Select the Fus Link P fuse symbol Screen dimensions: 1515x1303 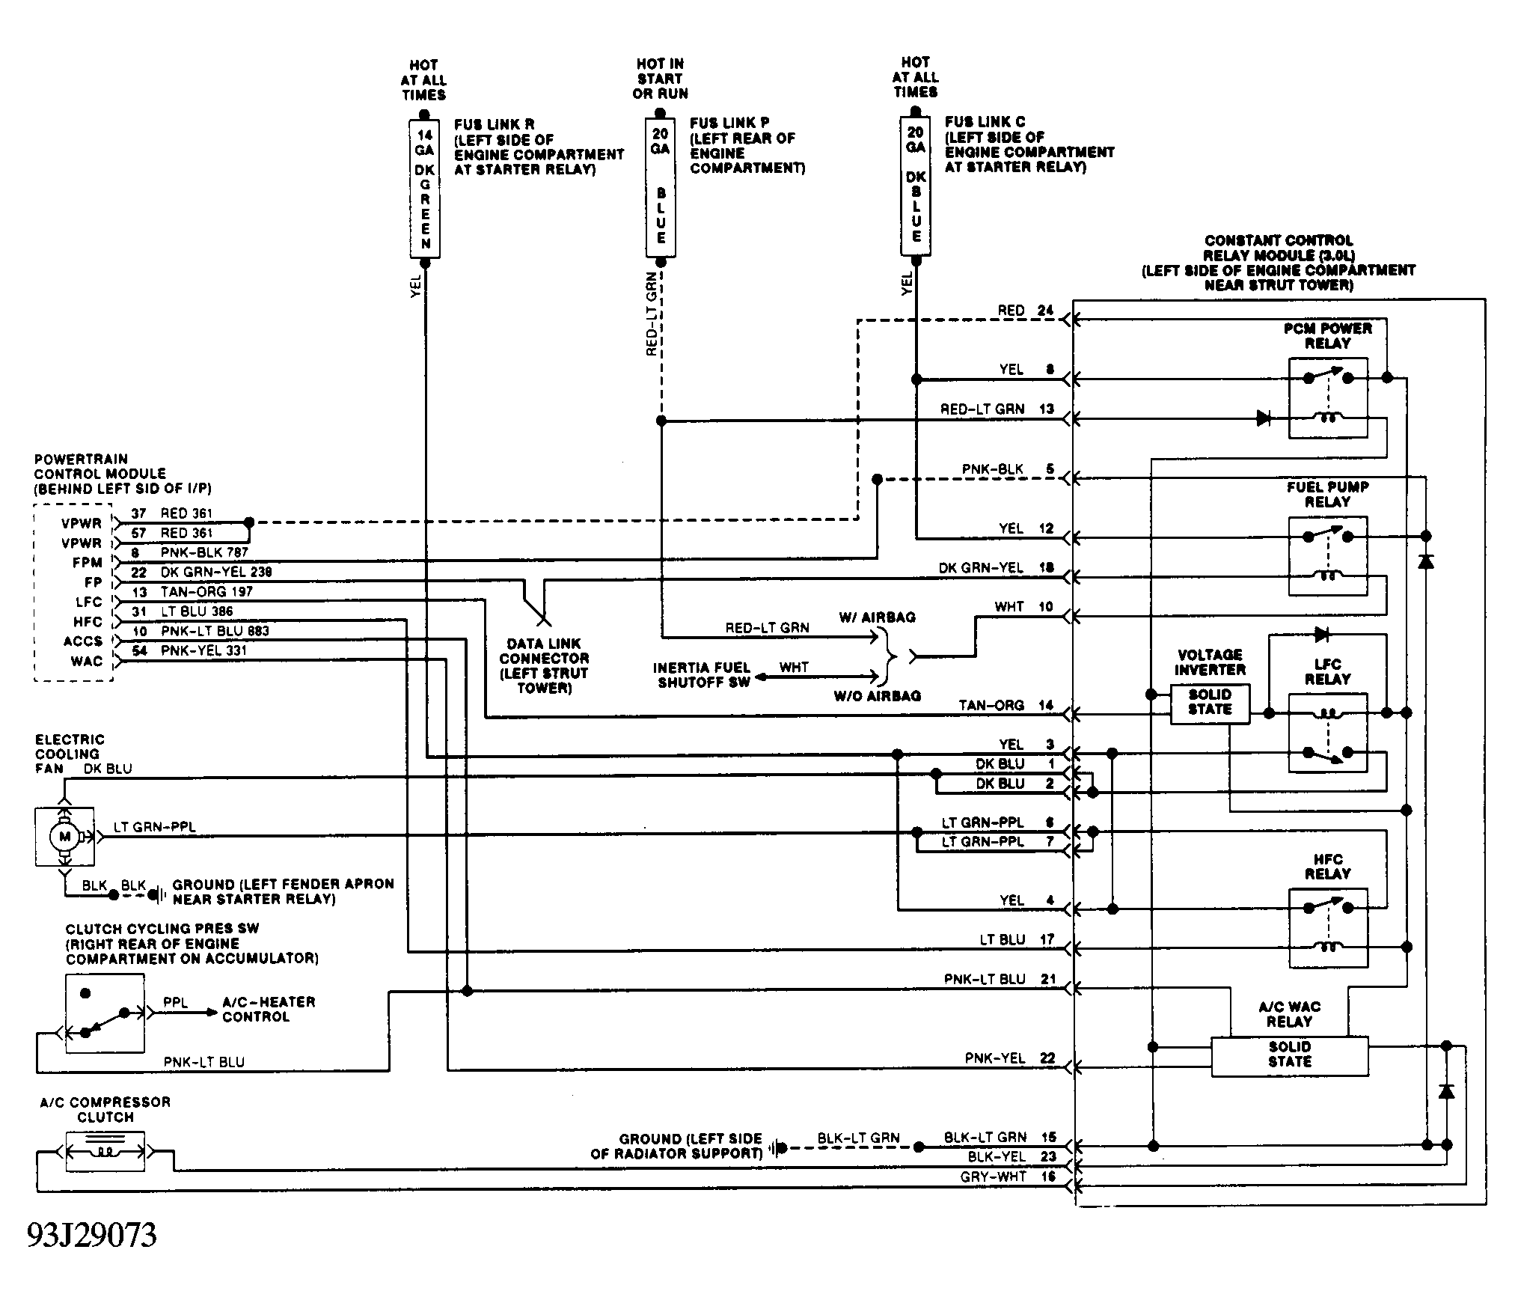pos(661,187)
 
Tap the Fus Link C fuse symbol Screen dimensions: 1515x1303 pos(915,186)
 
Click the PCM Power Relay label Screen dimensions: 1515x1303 pos(1327,336)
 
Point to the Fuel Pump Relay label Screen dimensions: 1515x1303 pos(1327,494)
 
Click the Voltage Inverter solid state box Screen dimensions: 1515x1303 pos(1210,703)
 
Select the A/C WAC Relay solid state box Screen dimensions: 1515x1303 pos(1290,1056)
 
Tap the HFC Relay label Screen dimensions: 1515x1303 pos(1327,867)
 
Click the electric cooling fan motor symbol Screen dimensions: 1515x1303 pos(64,837)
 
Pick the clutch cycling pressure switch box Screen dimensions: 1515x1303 pos(105,1013)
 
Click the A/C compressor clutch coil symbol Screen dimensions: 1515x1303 pos(105,1151)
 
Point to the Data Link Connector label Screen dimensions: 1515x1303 pos(544,665)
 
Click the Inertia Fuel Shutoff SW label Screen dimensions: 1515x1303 pos(701,675)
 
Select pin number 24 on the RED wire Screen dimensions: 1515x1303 pos(1045,311)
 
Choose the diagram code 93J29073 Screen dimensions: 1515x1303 pos(92,1235)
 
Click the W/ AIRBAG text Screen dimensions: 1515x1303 pos(877,617)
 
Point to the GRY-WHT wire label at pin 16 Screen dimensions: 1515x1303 pos(994,1177)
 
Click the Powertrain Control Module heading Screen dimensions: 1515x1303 pos(123,474)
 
